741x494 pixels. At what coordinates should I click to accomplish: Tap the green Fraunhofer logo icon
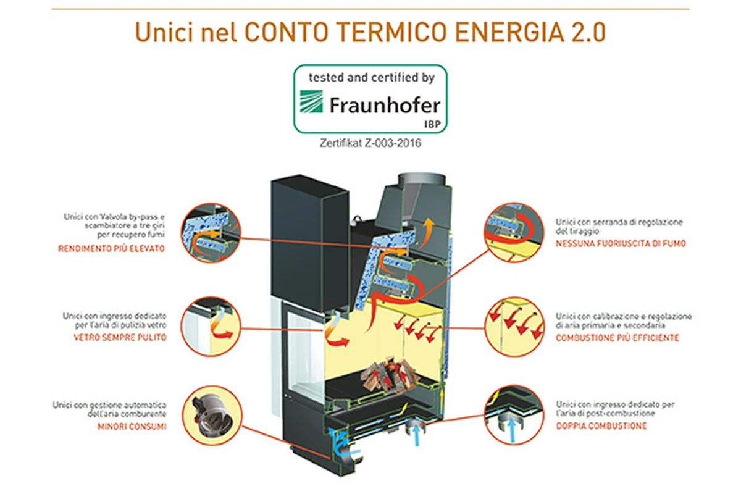[x=311, y=101]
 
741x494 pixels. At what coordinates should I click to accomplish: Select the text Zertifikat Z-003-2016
[x=370, y=143]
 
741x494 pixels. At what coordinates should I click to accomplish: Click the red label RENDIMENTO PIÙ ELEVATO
[x=112, y=248]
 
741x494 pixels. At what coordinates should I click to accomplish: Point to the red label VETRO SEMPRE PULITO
[x=120, y=338]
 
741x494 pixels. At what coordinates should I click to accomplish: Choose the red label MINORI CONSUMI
[x=132, y=427]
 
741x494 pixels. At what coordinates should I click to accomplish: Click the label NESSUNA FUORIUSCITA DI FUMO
[x=621, y=243]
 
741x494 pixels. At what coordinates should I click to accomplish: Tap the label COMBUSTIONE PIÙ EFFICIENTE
[x=617, y=338]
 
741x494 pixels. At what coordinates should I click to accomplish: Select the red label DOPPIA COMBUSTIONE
[x=601, y=426]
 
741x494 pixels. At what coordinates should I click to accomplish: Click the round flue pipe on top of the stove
[x=422, y=181]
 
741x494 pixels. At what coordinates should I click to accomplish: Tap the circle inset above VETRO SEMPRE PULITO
[x=211, y=326]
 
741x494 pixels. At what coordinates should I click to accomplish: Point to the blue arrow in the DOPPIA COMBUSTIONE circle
[x=512, y=430]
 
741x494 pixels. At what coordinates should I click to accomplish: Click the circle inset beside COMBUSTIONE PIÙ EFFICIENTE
[x=514, y=326]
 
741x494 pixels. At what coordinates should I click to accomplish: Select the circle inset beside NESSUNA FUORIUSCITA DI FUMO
[x=514, y=232]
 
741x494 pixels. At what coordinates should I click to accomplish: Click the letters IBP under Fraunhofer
[x=432, y=124]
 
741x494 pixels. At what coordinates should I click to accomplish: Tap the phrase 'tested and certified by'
[x=372, y=78]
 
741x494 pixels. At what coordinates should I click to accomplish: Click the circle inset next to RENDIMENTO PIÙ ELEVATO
[x=211, y=233]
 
